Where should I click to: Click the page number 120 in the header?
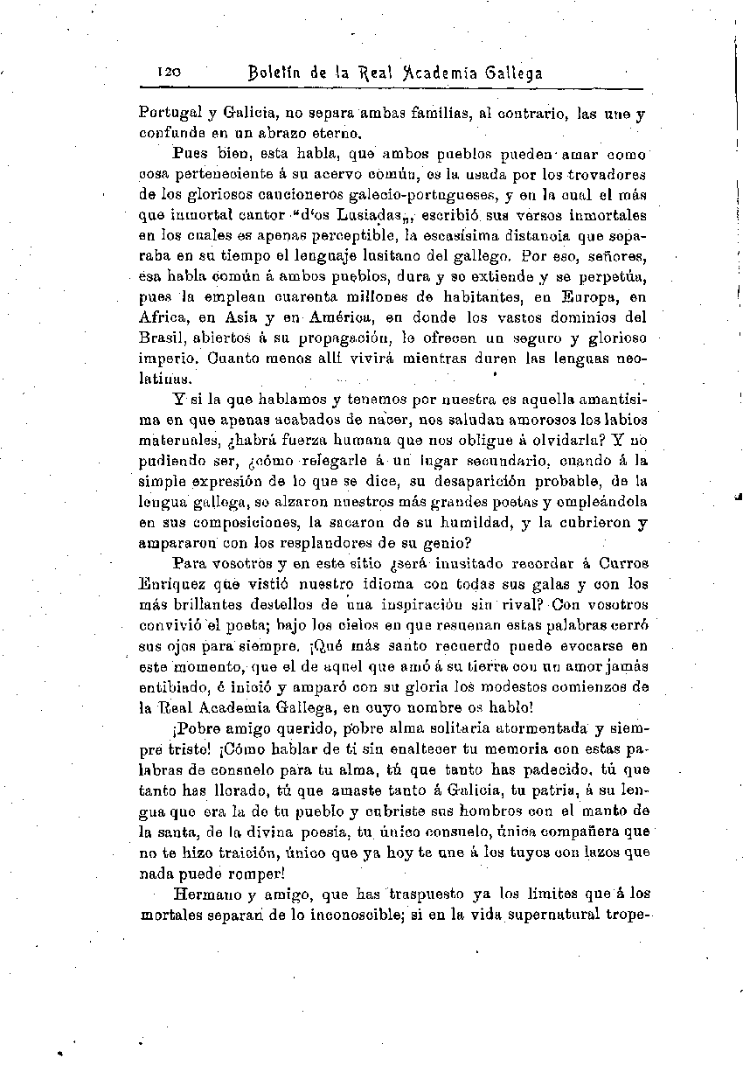168,73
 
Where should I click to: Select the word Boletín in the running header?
274,73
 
